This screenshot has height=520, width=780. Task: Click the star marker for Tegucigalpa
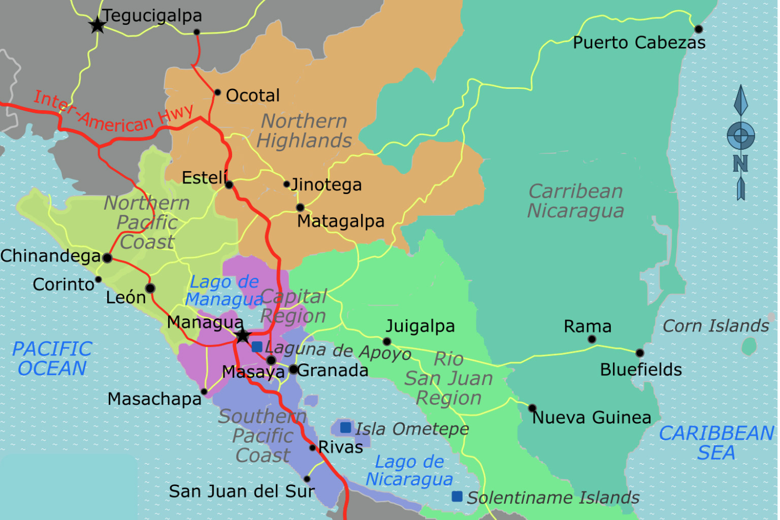pos(97,24)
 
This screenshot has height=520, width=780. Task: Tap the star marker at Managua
pos(243,335)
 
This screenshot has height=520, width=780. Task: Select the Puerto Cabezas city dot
pos(698,29)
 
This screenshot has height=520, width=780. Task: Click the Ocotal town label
pos(252,95)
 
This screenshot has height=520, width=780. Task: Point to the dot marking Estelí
pos(229,185)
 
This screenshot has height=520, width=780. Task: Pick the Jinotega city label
pos(327,185)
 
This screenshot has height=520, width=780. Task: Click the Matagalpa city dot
pos(300,207)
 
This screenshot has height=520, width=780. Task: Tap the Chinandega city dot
pos(107,258)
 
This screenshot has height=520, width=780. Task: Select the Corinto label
pos(63,284)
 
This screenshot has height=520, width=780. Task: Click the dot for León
pos(150,288)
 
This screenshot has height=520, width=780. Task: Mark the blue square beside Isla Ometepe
pos(345,428)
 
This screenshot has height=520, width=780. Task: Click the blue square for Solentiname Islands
pos(457,496)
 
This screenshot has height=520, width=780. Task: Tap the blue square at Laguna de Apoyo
pos(257,347)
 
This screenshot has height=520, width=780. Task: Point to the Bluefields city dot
pos(640,353)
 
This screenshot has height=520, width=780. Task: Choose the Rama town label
pos(588,326)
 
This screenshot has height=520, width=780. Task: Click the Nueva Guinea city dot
pos(532,408)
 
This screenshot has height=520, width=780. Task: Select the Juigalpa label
pos(420,326)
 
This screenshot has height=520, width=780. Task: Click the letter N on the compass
pos(740,164)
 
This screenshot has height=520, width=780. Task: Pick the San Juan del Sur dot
pos(307,479)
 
